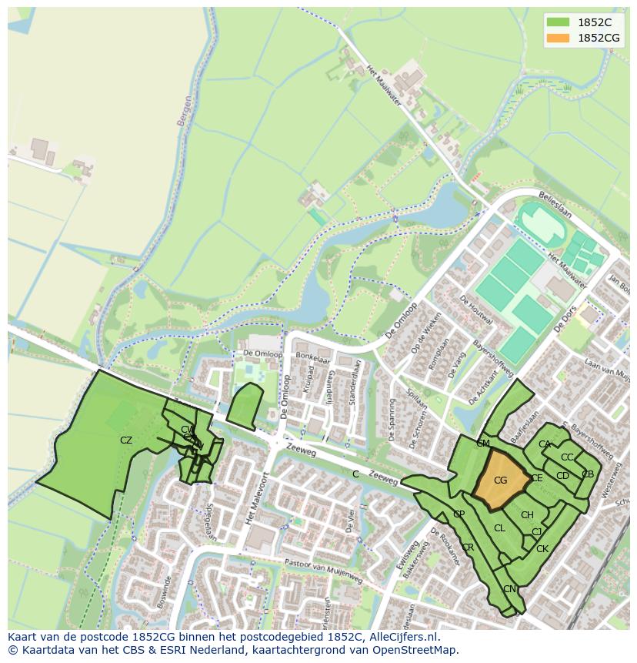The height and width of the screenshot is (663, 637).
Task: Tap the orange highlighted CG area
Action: coord(501,481)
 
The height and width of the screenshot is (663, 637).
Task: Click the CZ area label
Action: coord(126,440)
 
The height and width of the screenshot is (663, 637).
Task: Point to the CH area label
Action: coord(527,515)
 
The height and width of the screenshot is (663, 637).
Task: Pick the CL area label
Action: coord(499,528)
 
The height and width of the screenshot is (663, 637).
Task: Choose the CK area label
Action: coord(542,549)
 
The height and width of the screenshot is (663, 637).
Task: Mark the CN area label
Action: coord(509,589)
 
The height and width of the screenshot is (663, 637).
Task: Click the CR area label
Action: coord(468,547)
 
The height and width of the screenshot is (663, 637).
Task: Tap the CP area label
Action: coord(459,514)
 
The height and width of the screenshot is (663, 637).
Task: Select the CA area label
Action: coord(545,444)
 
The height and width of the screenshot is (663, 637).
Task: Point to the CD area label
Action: coord(562,476)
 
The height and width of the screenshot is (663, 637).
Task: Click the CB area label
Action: coord(588,474)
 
